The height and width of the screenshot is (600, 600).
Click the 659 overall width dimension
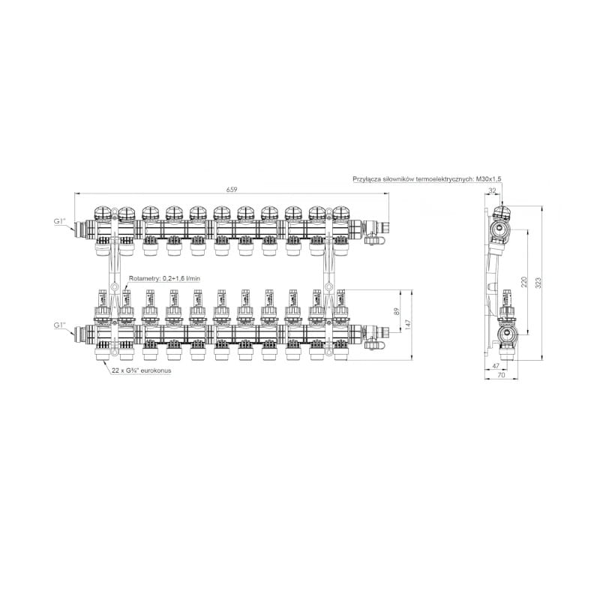point(232,189)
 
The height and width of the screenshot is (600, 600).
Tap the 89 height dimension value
point(396,312)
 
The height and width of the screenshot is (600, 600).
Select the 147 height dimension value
point(407,325)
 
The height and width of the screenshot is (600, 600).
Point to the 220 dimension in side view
point(523,282)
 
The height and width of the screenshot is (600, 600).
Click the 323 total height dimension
point(538,283)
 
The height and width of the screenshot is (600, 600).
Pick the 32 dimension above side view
point(493,190)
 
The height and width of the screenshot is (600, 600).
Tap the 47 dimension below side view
point(496,366)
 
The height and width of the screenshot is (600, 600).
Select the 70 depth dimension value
point(501,375)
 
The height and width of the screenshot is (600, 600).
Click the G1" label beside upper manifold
point(60,221)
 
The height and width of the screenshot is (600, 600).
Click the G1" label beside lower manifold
point(60,325)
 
